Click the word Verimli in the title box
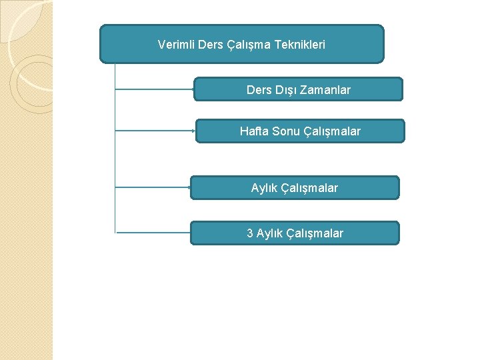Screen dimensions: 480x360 click(x=177, y=45)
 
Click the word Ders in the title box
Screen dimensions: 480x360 click(x=211, y=45)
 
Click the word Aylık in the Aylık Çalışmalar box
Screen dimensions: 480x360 click(x=265, y=188)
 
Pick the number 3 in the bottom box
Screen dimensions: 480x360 click(x=250, y=233)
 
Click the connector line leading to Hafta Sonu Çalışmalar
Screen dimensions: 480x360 click(x=155, y=130)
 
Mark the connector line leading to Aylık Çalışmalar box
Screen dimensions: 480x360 click(x=153, y=187)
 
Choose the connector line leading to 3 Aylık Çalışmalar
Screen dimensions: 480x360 click(x=153, y=232)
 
